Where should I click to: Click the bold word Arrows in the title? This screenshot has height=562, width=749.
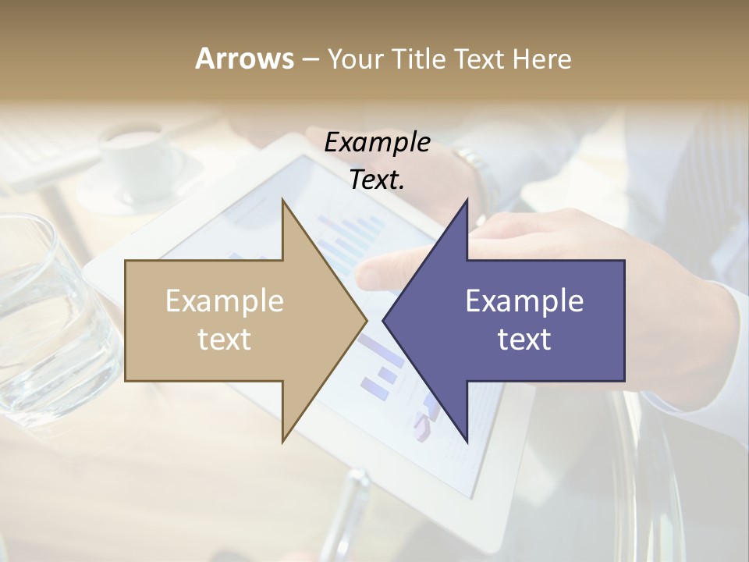point(244,59)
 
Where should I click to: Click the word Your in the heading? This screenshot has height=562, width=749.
point(356,59)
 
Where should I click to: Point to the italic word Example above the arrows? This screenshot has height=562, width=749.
point(377,142)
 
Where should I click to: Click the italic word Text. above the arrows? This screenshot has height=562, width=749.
point(377,180)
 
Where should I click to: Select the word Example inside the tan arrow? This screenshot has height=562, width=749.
point(225,301)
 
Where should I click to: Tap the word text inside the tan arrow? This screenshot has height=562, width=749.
point(225,339)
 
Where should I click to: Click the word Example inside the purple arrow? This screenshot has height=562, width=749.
point(524,301)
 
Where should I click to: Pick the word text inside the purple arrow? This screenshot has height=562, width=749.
point(524,339)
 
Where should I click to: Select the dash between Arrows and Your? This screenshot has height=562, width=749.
point(310,59)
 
